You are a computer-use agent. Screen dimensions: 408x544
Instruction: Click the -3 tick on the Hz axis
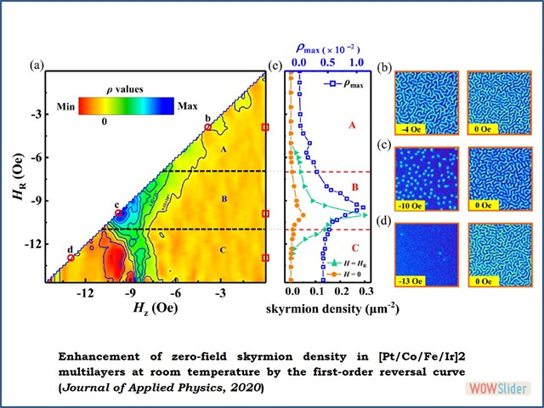(219, 293)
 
